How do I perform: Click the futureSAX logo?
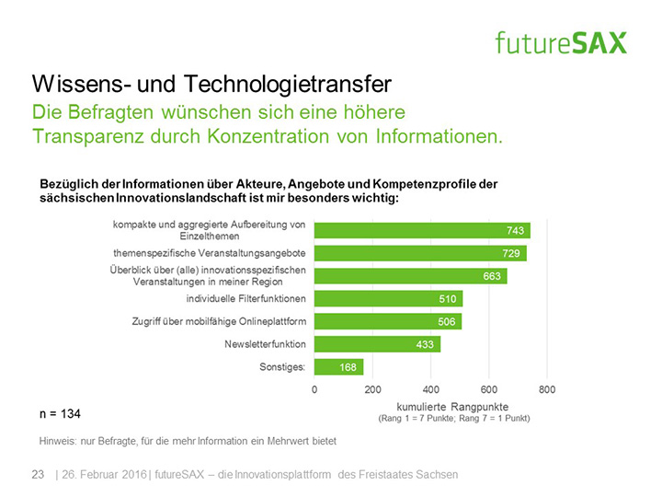pyautogui.click(x=560, y=41)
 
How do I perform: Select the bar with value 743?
pyautogui.click(x=422, y=230)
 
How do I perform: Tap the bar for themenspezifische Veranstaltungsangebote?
pyautogui.click(x=420, y=253)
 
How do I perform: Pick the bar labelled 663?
pyautogui.click(x=410, y=275)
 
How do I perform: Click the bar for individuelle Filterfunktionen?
pyautogui.click(x=388, y=298)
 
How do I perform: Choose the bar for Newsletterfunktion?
pyautogui.click(x=377, y=343)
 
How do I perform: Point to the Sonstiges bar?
pyautogui.click(x=338, y=366)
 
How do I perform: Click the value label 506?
pyautogui.click(x=446, y=321)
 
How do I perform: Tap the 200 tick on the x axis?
pyautogui.click(x=372, y=389)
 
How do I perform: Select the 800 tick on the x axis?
pyautogui.click(x=547, y=389)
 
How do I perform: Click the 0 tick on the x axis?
pyautogui.click(x=314, y=389)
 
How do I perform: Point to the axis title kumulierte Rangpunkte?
pyautogui.click(x=453, y=405)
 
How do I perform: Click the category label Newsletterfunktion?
pyautogui.click(x=265, y=343)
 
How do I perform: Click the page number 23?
pyautogui.click(x=39, y=474)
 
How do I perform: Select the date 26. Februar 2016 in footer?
pyautogui.click(x=104, y=474)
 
